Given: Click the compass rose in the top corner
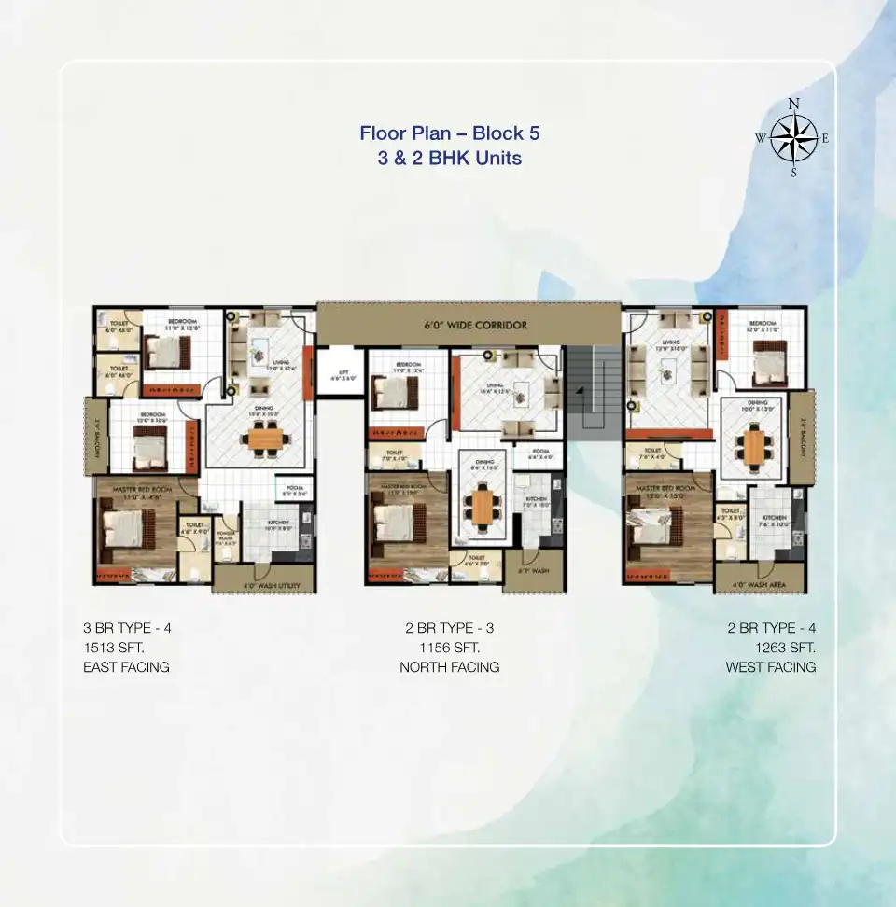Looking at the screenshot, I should point(793,138).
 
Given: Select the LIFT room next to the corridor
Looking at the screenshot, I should point(336,374).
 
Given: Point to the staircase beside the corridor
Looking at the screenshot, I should point(595,393).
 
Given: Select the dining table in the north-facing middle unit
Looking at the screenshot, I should point(483,505).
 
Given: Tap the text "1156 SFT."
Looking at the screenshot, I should point(450,648).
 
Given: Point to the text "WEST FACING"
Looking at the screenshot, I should point(771,667).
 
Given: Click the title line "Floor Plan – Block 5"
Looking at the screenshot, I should point(450,133).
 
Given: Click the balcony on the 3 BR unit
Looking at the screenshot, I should point(97,436).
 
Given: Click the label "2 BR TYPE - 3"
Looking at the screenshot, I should point(450,628).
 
